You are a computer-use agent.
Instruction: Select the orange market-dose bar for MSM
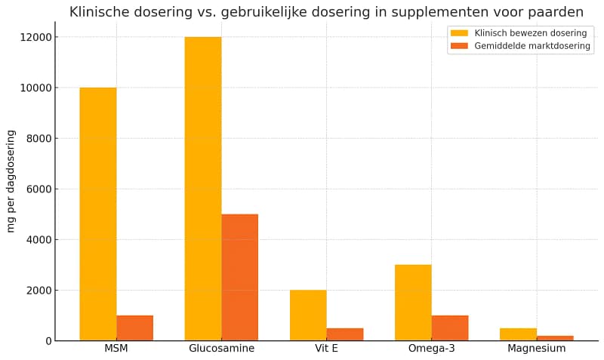[x=134, y=328]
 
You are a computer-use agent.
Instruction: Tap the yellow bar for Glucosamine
[x=203, y=189]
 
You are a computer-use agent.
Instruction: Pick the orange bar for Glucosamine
[x=239, y=277]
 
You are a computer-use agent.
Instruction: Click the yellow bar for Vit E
[x=308, y=315]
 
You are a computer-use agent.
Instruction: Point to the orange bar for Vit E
[x=344, y=334]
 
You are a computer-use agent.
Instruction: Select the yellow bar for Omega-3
[x=413, y=302]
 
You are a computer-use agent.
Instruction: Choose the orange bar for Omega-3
[x=449, y=328]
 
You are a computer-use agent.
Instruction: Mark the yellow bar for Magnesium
[x=518, y=334]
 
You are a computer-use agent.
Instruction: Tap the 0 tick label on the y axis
[x=48, y=341]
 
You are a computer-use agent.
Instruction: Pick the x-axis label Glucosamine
[x=221, y=349]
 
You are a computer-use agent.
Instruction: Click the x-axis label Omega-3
[x=431, y=349]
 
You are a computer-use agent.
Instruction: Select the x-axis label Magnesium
[x=536, y=349]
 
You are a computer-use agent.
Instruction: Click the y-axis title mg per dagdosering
[x=11, y=181]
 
